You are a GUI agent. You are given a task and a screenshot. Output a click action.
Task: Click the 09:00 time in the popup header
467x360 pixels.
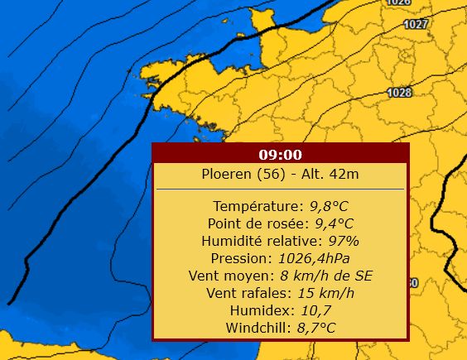(x=280, y=155)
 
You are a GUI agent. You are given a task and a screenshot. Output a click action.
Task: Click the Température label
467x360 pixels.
(x=258, y=206)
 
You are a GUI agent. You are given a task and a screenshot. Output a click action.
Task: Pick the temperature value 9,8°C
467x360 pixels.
(x=329, y=206)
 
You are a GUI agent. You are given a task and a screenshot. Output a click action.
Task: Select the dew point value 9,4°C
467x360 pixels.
(x=334, y=223)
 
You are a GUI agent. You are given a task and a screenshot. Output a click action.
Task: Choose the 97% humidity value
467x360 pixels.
(x=343, y=241)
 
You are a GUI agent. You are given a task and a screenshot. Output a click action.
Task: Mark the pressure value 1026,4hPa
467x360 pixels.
(x=316, y=258)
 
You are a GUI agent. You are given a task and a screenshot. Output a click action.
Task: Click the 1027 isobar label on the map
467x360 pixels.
(x=416, y=24)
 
